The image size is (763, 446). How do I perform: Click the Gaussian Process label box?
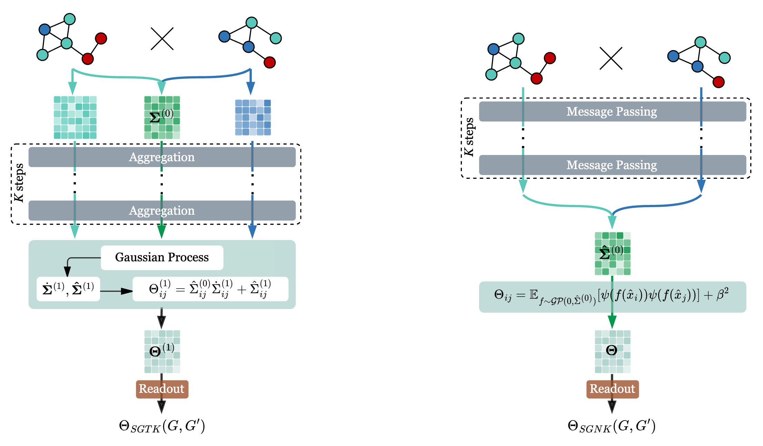(x=162, y=258)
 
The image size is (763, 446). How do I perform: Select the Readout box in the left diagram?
(x=162, y=389)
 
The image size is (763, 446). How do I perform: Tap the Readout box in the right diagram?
(x=612, y=389)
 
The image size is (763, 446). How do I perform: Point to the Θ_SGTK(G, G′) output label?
(x=162, y=426)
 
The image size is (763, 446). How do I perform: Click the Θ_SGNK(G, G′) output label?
(x=611, y=426)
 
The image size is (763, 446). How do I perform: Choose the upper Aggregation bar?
(x=162, y=157)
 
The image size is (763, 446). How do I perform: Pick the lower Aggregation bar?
(x=162, y=211)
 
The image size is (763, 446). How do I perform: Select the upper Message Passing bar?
(x=612, y=111)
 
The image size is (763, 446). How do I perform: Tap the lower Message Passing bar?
(x=612, y=165)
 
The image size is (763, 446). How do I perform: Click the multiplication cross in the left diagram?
(x=162, y=39)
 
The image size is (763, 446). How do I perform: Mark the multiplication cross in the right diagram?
(x=611, y=58)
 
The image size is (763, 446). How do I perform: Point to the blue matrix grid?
(x=253, y=117)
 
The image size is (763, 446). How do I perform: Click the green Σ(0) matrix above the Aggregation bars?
(x=162, y=117)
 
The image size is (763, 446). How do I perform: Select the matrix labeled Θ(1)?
(x=162, y=351)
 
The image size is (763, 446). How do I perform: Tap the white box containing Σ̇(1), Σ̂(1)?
(x=68, y=289)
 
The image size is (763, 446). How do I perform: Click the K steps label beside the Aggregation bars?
(x=19, y=183)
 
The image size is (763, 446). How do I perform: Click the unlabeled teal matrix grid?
(x=75, y=117)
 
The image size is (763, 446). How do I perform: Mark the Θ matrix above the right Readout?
(x=612, y=351)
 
